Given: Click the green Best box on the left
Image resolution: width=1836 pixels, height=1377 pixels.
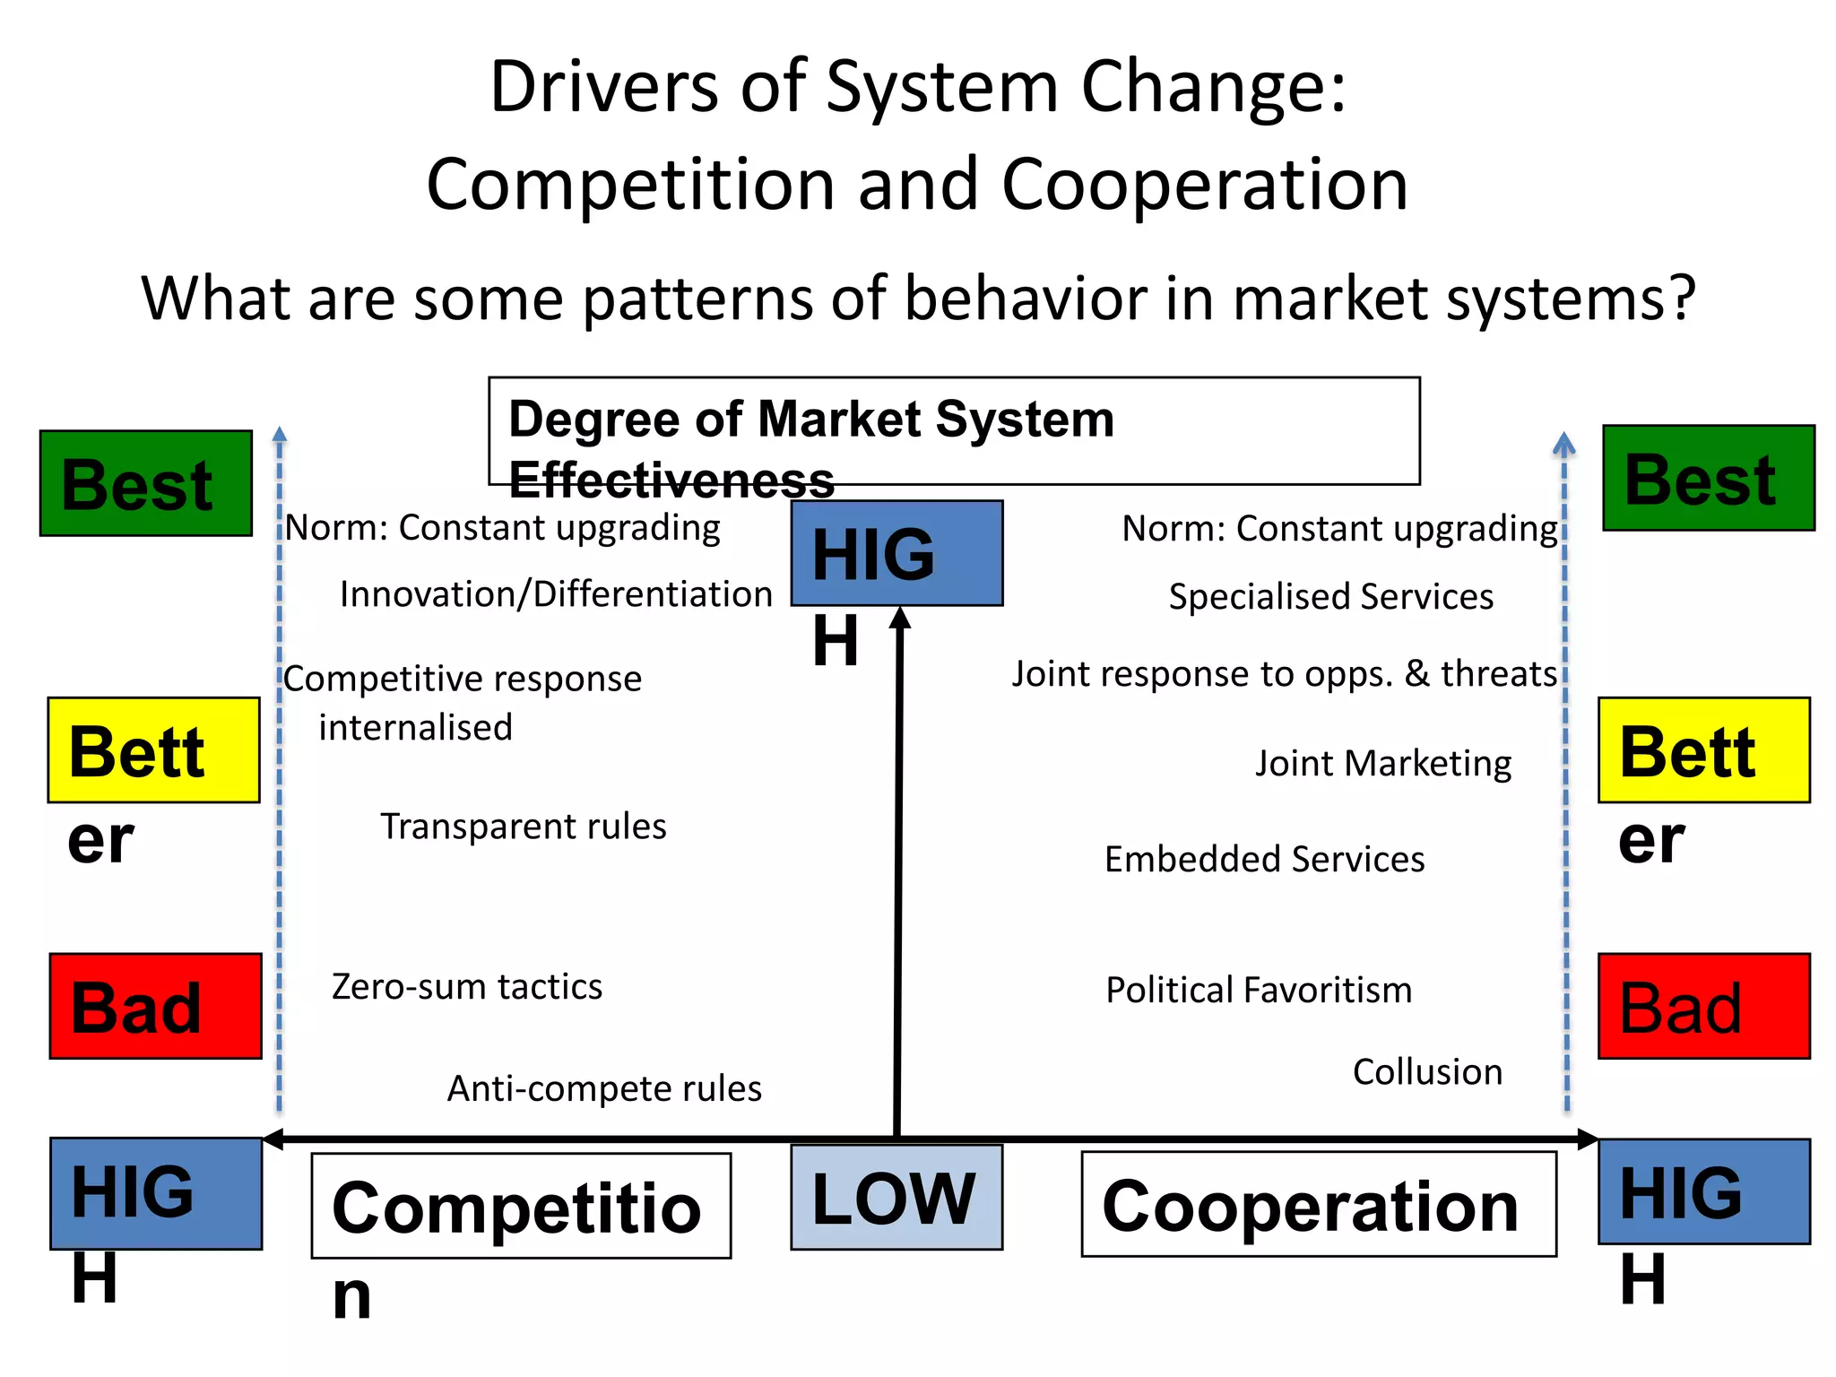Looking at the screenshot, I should click(x=146, y=483).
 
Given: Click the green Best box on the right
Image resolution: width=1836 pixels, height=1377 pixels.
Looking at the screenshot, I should click(x=1708, y=479).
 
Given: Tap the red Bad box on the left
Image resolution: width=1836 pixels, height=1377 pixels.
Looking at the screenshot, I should click(x=155, y=1006).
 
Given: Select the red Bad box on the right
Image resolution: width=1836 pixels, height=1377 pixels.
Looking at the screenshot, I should click(x=1703, y=1006).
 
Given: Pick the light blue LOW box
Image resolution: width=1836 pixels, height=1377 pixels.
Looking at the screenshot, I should click(x=896, y=1197).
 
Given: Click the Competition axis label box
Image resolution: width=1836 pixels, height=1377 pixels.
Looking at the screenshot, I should click(x=521, y=1206).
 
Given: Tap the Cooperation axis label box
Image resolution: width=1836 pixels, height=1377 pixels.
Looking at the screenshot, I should click(x=1318, y=1204).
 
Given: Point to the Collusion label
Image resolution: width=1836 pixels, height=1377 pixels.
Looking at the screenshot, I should click(x=1427, y=1072).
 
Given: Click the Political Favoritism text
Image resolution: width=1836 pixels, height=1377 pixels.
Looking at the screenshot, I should click(x=1259, y=991).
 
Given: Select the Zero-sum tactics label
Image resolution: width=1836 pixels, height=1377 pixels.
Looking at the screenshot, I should click(x=467, y=987).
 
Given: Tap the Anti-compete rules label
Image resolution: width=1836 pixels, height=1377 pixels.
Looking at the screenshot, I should click(x=604, y=1088).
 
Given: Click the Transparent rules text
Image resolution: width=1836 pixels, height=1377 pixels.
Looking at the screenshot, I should click(x=524, y=827).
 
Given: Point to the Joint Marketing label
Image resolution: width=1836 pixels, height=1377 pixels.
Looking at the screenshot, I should click(x=1382, y=764).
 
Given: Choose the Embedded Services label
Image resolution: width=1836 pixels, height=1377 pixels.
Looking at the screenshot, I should click(x=1264, y=859).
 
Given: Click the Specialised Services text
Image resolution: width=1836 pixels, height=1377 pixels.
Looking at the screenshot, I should click(x=1330, y=597).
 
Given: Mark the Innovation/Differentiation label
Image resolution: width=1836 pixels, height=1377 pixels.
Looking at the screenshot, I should click(x=556, y=594).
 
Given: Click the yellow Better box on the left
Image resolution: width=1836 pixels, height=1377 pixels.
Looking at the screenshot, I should click(x=153, y=750).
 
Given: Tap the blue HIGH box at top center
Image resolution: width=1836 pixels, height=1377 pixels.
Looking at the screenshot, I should click(x=896, y=553).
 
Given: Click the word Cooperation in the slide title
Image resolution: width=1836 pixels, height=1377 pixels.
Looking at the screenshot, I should click(x=1204, y=185).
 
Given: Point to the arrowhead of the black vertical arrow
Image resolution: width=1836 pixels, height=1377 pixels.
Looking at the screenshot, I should click(x=900, y=618).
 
